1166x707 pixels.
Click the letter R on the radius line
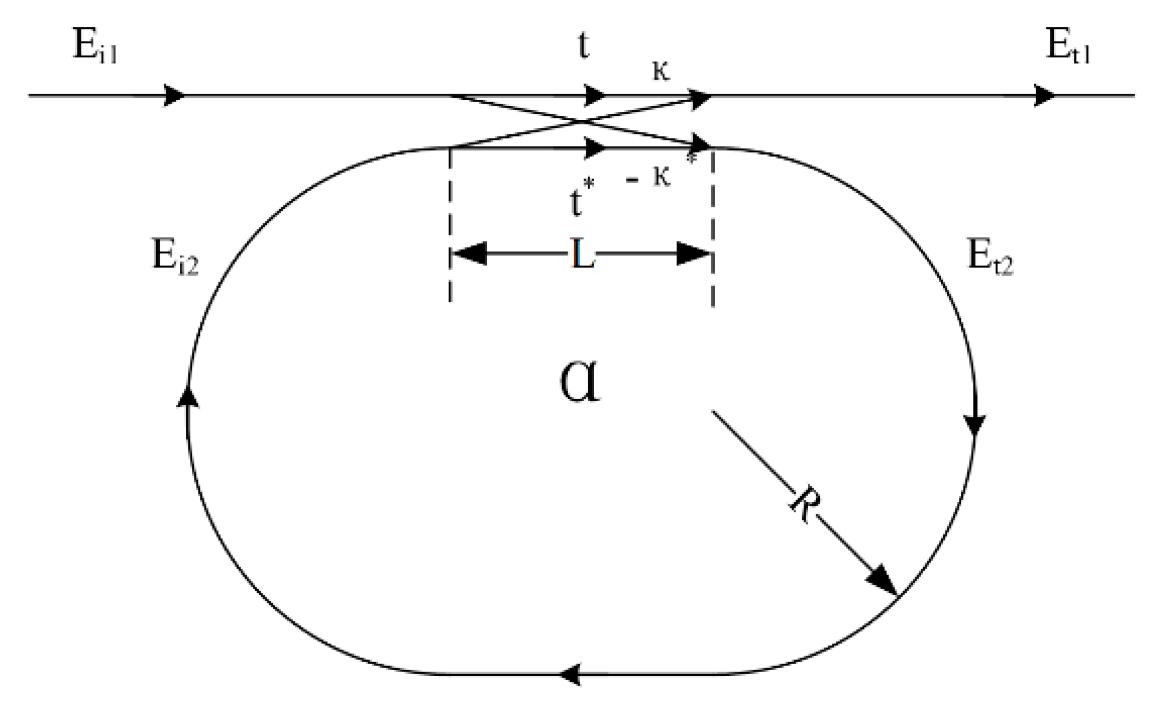[x=804, y=505]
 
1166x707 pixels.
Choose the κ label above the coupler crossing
[x=661, y=71]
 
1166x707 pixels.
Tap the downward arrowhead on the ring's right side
[x=975, y=424]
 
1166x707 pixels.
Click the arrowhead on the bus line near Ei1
[x=175, y=96]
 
